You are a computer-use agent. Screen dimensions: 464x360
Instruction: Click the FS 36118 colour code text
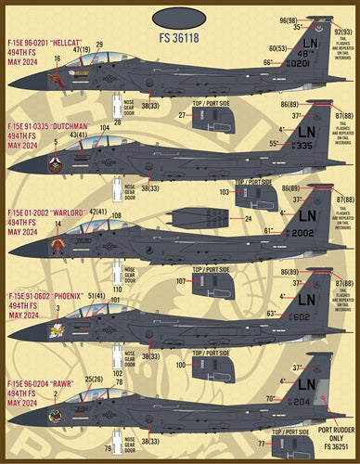pos(179,40)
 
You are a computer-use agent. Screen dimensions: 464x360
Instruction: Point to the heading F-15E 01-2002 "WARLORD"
pos(48,212)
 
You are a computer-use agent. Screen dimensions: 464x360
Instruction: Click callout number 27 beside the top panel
pos(184,115)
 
